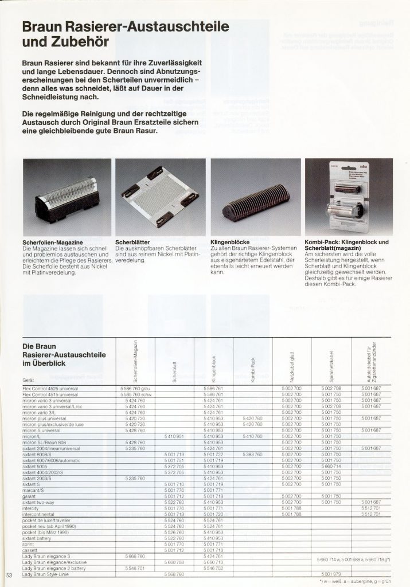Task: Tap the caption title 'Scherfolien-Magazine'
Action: tap(46, 242)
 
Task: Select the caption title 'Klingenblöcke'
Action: tap(230, 242)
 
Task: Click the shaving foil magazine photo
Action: tap(67, 198)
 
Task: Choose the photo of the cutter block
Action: tap(256, 198)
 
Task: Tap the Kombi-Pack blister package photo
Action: tap(348, 198)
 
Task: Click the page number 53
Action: tap(9, 575)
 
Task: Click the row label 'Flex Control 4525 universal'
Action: tap(50, 389)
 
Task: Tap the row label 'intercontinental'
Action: tap(39, 514)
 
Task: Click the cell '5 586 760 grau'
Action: tap(135, 389)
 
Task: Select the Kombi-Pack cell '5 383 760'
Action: tap(252, 455)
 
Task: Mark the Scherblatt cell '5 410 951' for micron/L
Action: tap(174, 436)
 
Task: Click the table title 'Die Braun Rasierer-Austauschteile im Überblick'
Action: tap(63, 355)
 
